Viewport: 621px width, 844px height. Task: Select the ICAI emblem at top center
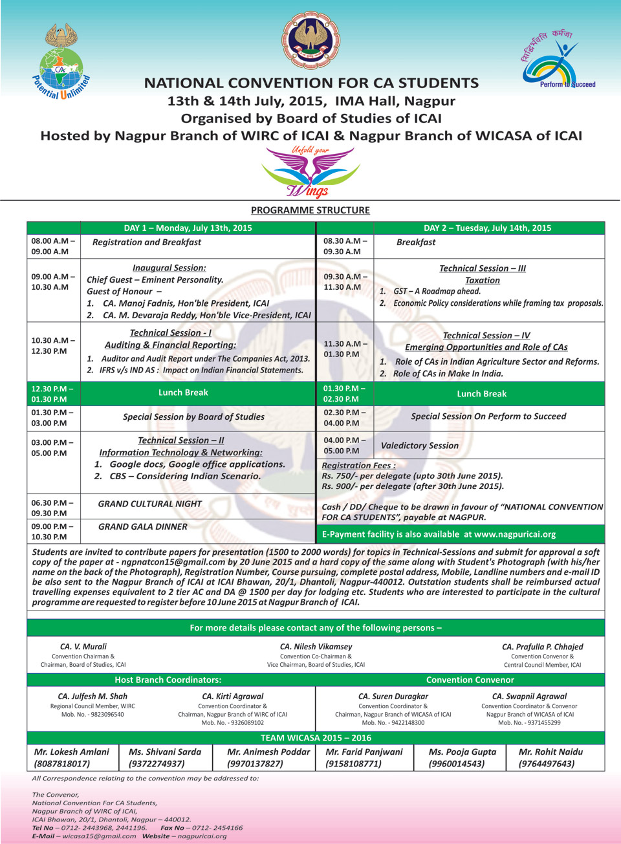[312, 40]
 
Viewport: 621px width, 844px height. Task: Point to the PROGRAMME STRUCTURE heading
[310, 210]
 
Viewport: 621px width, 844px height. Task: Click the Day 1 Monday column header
[188, 228]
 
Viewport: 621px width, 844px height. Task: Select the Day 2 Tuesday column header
[487, 228]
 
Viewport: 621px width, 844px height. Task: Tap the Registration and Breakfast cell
[147, 243]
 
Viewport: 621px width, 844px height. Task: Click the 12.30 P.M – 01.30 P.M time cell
[52, 394]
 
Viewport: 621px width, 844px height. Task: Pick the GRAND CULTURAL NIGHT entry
[150, 504]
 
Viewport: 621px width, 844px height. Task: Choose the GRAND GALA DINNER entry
[143, 527]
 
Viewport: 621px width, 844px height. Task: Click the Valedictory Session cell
[420, 446]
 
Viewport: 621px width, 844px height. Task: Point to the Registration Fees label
[358, 465]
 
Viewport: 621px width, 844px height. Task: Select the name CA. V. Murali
[83, 646]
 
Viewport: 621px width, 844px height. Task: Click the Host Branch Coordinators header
[168, 680]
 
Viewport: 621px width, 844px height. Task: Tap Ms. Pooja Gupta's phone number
[457, 764]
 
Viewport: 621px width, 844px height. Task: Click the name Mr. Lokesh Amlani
[71, 752]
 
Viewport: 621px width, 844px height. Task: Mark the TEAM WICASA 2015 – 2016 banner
[316, 737]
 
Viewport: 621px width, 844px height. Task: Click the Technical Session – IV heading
[486, 336]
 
